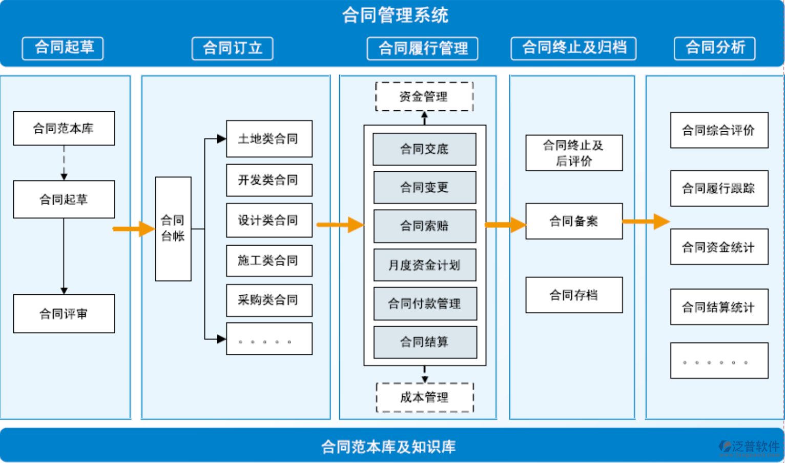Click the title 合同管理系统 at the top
click(395, 15)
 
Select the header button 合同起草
click(63, 48)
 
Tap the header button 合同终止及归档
click(573, 48)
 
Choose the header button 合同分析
click(714, 48)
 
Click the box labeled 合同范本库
click(64, 128)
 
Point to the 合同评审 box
click(64, 313)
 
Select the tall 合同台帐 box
click(173, 229)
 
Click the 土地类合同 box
click(269, 139)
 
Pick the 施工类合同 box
click(269, 260)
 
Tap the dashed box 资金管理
click(424, 96)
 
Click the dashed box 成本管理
click(425, 397)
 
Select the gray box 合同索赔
click(425, 226)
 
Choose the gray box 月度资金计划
click(425, 265)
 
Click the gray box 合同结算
click(425, 342)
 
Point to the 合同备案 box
click(574, 222)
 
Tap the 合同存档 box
click(574, 295)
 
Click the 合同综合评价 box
click(719, 130)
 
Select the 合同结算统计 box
click(719, 307)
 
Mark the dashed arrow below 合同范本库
click(64, 163)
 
